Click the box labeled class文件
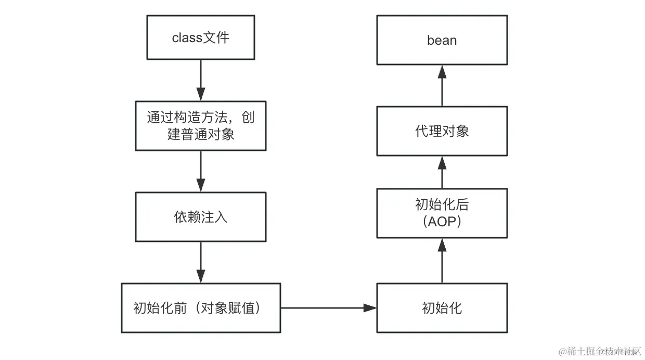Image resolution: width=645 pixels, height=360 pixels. coord(201,37)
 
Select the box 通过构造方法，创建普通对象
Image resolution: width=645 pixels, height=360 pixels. coord(201,126)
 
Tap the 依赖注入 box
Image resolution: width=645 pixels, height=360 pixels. coord(201,217)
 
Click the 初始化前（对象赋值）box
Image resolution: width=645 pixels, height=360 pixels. coord(201,308)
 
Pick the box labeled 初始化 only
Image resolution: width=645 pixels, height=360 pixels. coord(442,308)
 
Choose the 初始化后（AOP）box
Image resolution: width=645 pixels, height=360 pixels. coord(442,213)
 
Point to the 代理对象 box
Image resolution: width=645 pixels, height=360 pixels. coord(442,131)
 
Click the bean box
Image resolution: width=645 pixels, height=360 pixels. coord(442,40)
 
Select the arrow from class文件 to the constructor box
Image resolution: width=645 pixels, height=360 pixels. coord(201,80)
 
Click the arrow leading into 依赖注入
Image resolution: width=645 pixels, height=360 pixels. coord(201,171)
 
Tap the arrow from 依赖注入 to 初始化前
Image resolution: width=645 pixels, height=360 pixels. coord(201,262)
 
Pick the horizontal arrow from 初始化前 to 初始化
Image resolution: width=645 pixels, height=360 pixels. coord(328,308)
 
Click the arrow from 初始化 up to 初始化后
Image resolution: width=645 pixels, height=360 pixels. coord(442,261)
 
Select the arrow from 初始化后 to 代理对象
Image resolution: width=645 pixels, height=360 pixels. coord(442,172)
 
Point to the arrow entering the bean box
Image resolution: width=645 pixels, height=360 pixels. coord(442,86)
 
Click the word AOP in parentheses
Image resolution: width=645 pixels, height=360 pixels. coord(442,222)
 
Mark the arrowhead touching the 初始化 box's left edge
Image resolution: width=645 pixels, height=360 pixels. coord(370,308)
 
